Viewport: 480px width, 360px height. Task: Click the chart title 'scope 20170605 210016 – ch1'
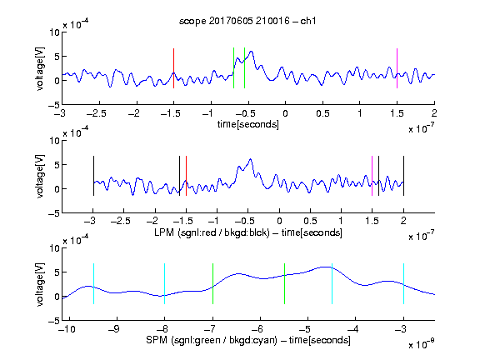pos(247,21)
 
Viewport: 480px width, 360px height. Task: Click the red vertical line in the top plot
pos(173,68)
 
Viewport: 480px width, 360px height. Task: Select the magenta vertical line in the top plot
pos(397,68)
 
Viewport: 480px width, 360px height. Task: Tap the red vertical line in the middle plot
pos(186,176)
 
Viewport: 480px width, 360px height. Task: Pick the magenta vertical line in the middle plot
pos(372,176)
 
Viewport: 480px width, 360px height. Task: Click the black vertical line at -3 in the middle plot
pos(93,176)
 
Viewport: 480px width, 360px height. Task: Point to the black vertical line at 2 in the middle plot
pos(403,176)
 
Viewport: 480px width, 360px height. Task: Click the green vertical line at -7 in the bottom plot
pos(212,284)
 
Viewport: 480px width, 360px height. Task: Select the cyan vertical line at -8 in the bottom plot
pos(165,284)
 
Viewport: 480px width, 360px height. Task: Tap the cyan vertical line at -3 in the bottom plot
pos(403,284)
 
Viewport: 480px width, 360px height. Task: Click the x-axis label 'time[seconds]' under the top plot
pos(248,124)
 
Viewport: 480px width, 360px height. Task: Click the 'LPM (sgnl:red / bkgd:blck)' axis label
pos(212,232)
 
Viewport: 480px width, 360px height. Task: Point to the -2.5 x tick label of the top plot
pos(97,113)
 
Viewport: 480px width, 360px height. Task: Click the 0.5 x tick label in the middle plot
pos(310,221)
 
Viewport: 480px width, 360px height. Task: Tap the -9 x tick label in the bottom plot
pos(114,329)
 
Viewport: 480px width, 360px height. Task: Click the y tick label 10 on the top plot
pos(54,32)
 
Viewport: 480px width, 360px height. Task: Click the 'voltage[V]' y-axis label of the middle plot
pos(40,177)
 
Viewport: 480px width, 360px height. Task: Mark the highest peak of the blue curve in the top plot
pos(252,52)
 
